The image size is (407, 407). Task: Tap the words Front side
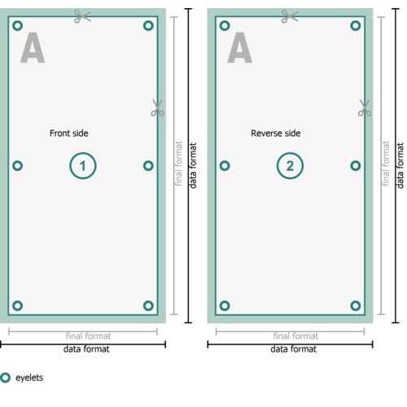pos(69,133)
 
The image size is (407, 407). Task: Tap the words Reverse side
pos(275,133)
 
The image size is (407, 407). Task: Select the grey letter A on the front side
pos(33,48)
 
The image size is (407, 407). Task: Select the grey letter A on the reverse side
pos(239,48)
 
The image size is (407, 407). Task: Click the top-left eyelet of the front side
pos(13,26)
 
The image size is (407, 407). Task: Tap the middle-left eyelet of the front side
pos(13,166)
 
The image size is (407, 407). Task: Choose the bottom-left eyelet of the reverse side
pos(221,306)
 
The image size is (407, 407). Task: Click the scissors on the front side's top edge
pos(82,16)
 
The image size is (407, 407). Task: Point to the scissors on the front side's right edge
pos(158,108)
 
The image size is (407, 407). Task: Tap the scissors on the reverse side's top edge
pos(290,16)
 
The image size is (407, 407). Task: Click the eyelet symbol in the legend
pos(2,378)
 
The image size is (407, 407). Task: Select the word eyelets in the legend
pos(29,378)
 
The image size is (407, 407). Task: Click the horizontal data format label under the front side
pos(86,349)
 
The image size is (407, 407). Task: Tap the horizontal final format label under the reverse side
pos(295,336)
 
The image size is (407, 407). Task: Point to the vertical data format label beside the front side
pos(193,165)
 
